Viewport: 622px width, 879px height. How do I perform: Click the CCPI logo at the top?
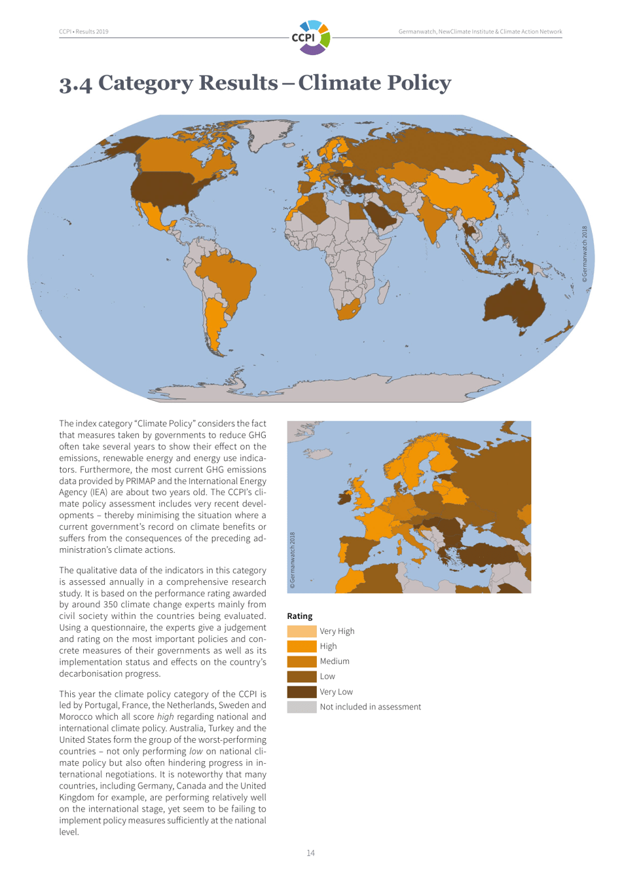pos(311,37)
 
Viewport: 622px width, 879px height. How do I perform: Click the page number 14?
pos(310,853)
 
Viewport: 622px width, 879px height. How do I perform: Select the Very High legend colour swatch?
pos(301,631)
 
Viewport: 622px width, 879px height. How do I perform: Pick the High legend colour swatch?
pos(301,646)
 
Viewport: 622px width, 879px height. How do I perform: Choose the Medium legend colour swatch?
pos(301,662)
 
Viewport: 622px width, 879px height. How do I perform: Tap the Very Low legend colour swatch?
pos(301,692)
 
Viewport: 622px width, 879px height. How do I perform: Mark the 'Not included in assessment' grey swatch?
pos(301,707)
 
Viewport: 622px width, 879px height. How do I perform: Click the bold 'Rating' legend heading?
pos(300,616)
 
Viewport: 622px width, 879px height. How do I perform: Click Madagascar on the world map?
pos(385,291)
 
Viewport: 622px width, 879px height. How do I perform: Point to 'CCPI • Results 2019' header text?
pos(84,31)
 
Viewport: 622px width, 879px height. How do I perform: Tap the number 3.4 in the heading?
pos(75,84)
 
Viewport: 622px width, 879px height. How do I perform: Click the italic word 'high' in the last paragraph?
pos(165,717)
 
